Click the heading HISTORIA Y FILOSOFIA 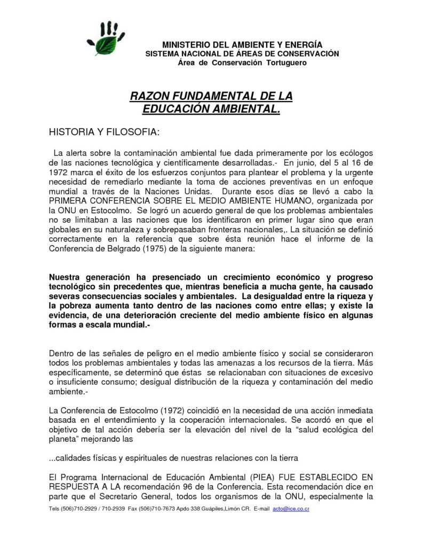pyautogui.click(x=103, y=131)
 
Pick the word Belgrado pyautogui.click(x=126, y=248)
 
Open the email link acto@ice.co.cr pyautogui.click(x=291, y=509)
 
